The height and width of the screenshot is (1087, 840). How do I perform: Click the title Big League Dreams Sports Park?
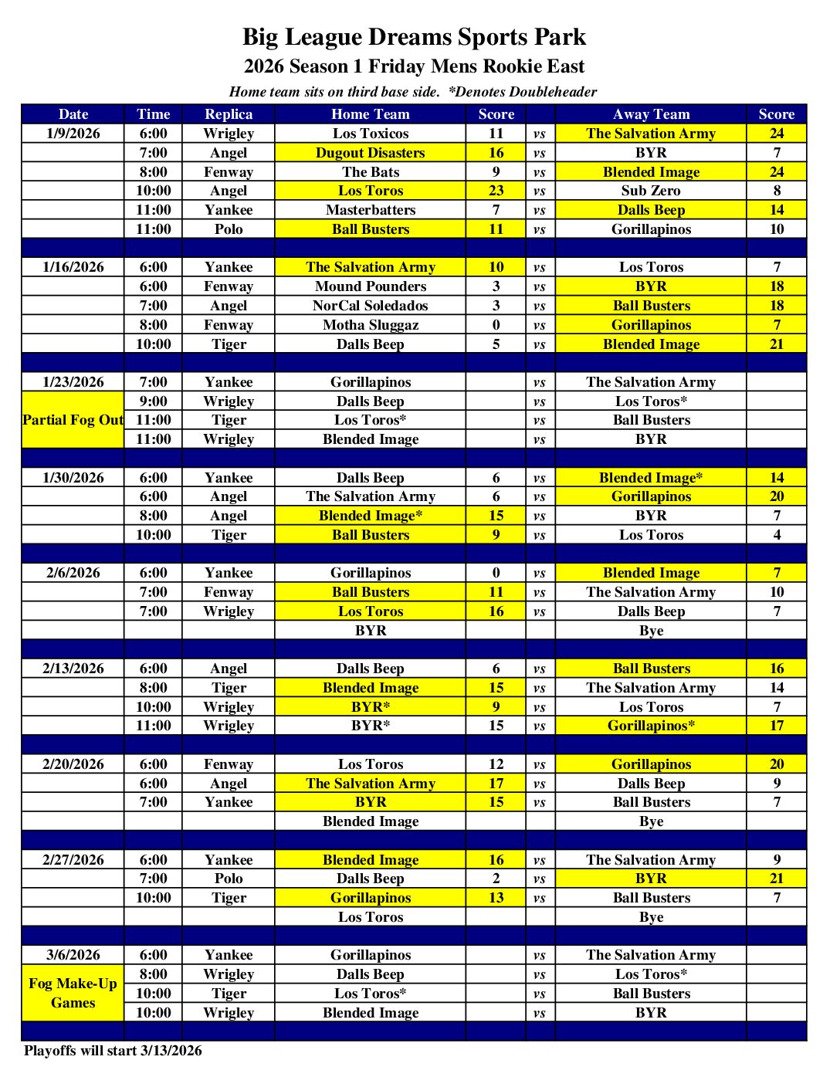pyautogui.click(x=414, y=37)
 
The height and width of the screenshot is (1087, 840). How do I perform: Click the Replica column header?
pyautogui.click(x=229, y=114)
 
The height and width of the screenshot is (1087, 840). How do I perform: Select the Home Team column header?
pyautogui.click(x=371, y=114)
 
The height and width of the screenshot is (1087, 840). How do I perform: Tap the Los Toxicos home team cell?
pyautogui.click(x=371, y=134)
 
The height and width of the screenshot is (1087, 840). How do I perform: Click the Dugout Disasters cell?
pyautogui.click(x=371, y=153)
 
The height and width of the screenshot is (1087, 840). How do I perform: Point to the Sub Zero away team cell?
pyautogui.click(x=651, y=191)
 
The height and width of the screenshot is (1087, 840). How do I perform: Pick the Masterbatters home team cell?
pyautogui.click(x=371, y=210)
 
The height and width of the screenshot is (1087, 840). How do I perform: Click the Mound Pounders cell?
pyautogui.click(x=371, y=286)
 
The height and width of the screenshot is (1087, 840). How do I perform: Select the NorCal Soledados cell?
pyautogui.click(x=371, y=306)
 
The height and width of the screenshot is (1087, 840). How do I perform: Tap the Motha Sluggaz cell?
pyautogui.click(x=371, y=325)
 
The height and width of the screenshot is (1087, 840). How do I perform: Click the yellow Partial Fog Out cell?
pyautogui.click(x=73, y=420)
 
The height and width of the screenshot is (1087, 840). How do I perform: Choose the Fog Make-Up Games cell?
pyautogui.click(x=73, y=993)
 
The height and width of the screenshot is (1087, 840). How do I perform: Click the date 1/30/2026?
pyautogui.click(x=73, y=478)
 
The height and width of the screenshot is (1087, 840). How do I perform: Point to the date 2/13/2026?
pyautogui.click(x=73, y=669)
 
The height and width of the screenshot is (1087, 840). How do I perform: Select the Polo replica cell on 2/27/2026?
pyautogui.click(x=229, y=879)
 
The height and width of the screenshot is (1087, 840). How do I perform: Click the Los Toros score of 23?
pyautogui.click(x=496, y=191)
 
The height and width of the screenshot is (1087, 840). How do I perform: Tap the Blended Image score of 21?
pyautogui.click(x=777, y=344)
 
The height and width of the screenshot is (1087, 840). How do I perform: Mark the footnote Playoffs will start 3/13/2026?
pyautogui.click(x=113, y=1051)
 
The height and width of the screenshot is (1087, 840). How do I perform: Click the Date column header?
pyautogui.click(x=73, y=114)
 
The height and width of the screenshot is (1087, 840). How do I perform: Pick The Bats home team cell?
pyautogui.click(x=371, y=172)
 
